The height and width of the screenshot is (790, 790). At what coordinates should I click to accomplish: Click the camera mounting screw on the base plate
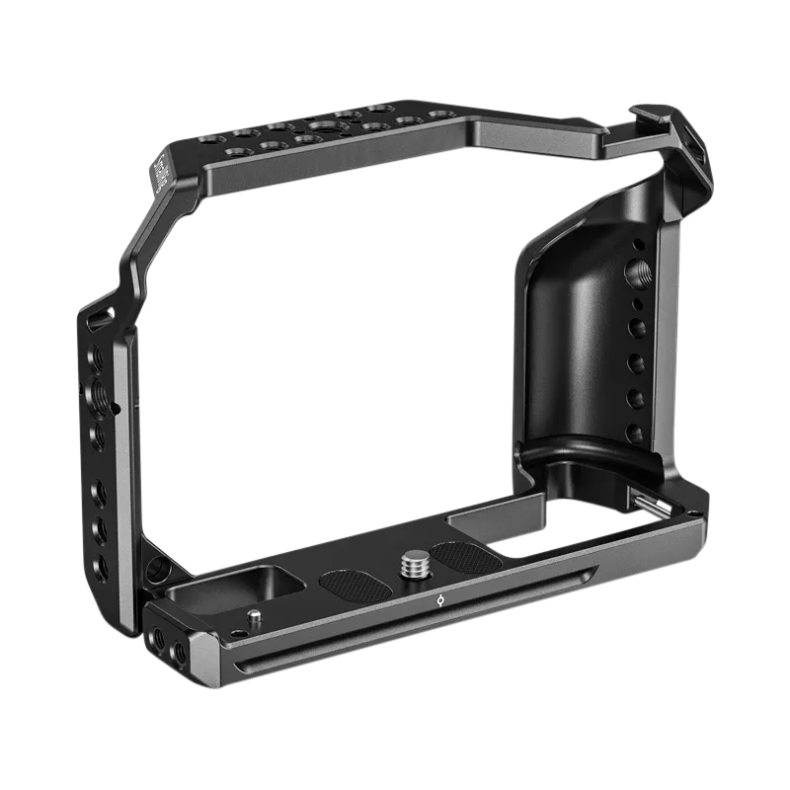[x=411, y=566]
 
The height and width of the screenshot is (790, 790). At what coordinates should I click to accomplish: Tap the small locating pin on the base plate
[x=256, y=617]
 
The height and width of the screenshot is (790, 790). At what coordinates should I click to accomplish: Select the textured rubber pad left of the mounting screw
[x=351, y=585]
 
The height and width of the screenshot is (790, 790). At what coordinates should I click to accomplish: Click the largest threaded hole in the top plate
[x=323, y=127]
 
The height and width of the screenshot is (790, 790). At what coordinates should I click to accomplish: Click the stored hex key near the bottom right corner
[x=651, y=505]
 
